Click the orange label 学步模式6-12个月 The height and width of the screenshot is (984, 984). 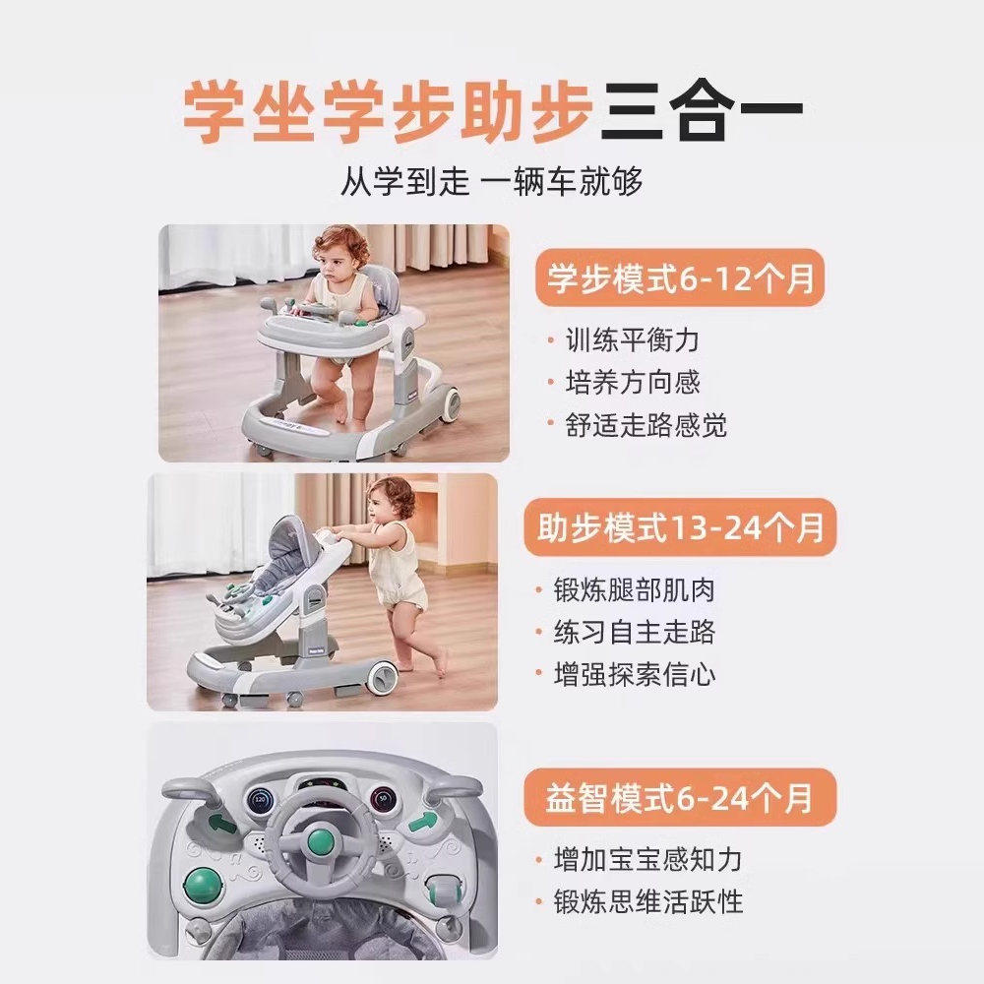click(679, 277)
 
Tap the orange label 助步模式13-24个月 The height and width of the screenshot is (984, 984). click(679, 529)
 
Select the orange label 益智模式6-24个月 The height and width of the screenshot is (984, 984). click(679, 797)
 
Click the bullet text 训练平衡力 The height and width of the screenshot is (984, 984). click(632, 340)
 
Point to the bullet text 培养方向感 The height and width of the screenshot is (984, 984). click(632, 383)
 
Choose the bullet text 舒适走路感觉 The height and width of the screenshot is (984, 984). click(646, 425)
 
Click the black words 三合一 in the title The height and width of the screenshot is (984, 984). click(702, 110)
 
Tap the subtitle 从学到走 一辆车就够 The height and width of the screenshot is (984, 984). click(492, 182)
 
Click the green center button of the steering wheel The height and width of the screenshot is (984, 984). click(321, 841)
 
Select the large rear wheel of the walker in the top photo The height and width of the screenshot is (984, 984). click(447, 402)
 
